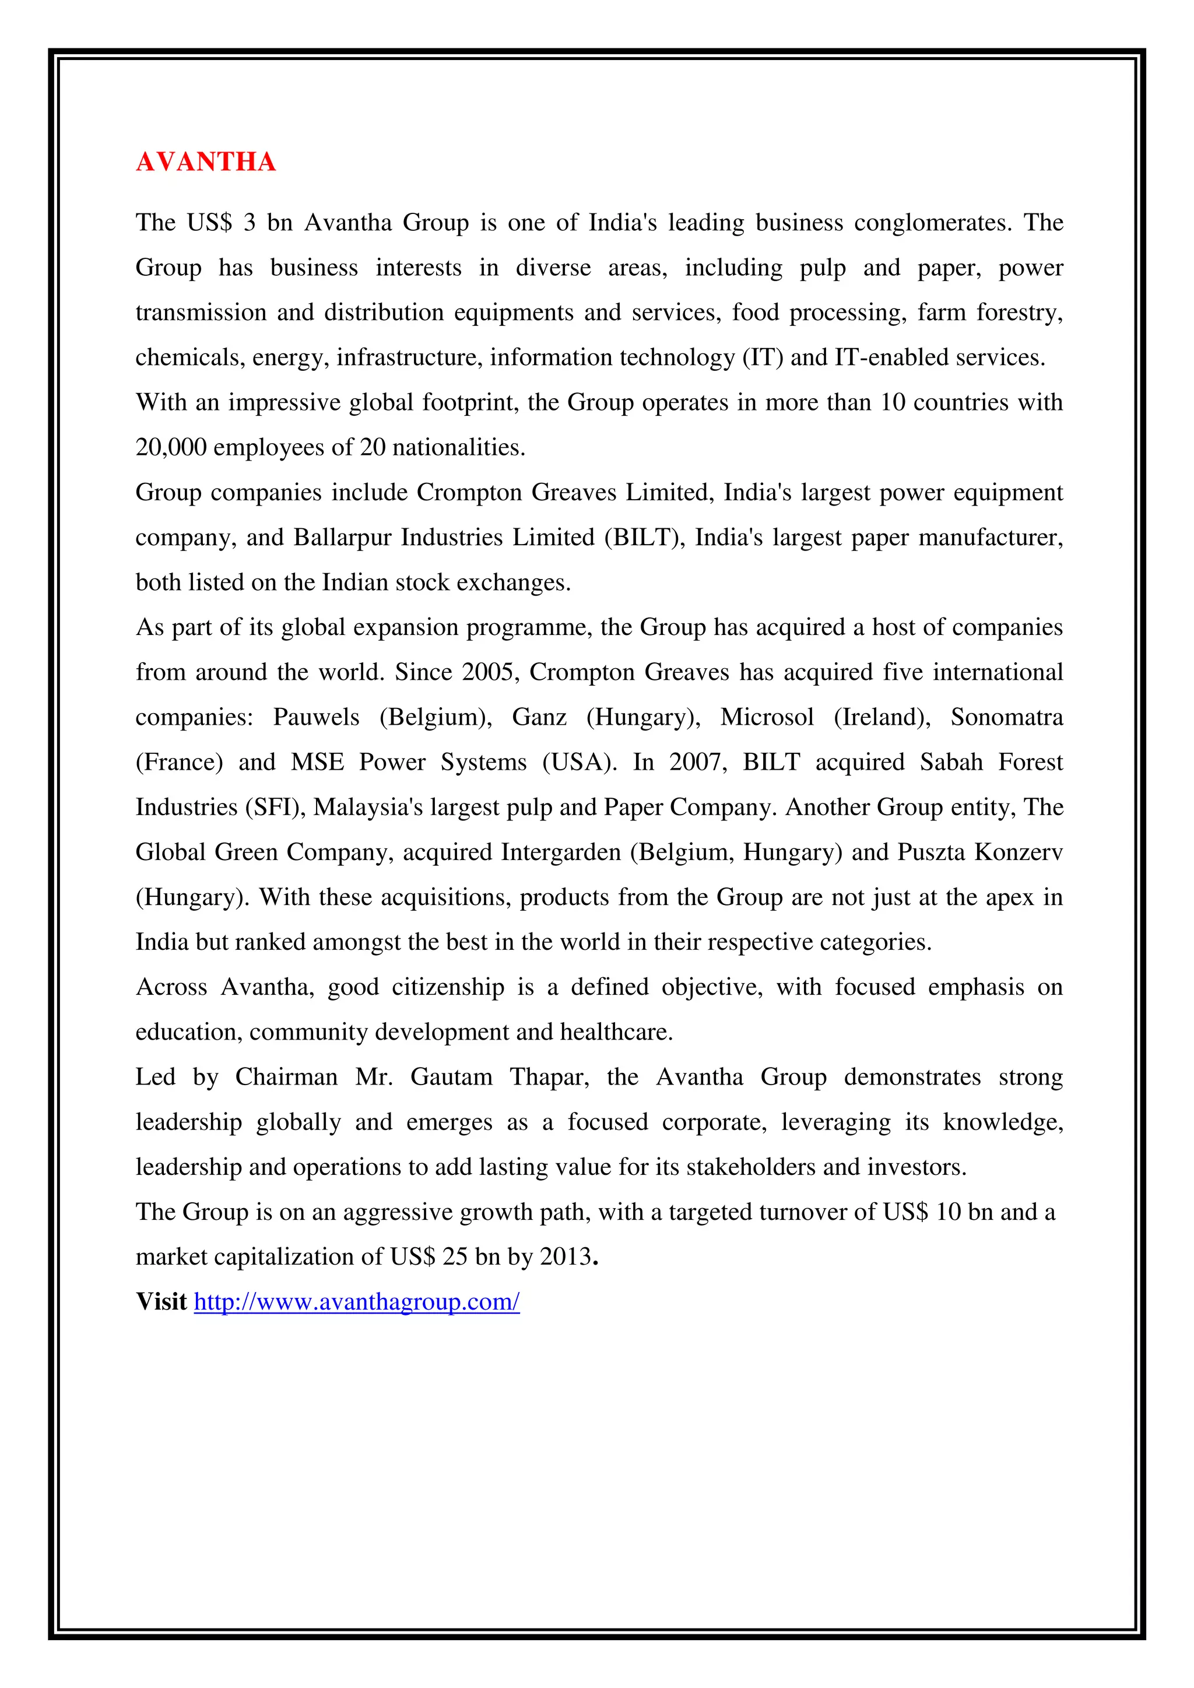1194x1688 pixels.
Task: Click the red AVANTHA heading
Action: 206,162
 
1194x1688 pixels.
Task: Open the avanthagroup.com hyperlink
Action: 357,1302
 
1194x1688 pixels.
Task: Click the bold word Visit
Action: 161,1302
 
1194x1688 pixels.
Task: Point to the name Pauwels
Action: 316,718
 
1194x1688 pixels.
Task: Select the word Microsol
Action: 767,718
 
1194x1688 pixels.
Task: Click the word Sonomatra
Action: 1006,718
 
